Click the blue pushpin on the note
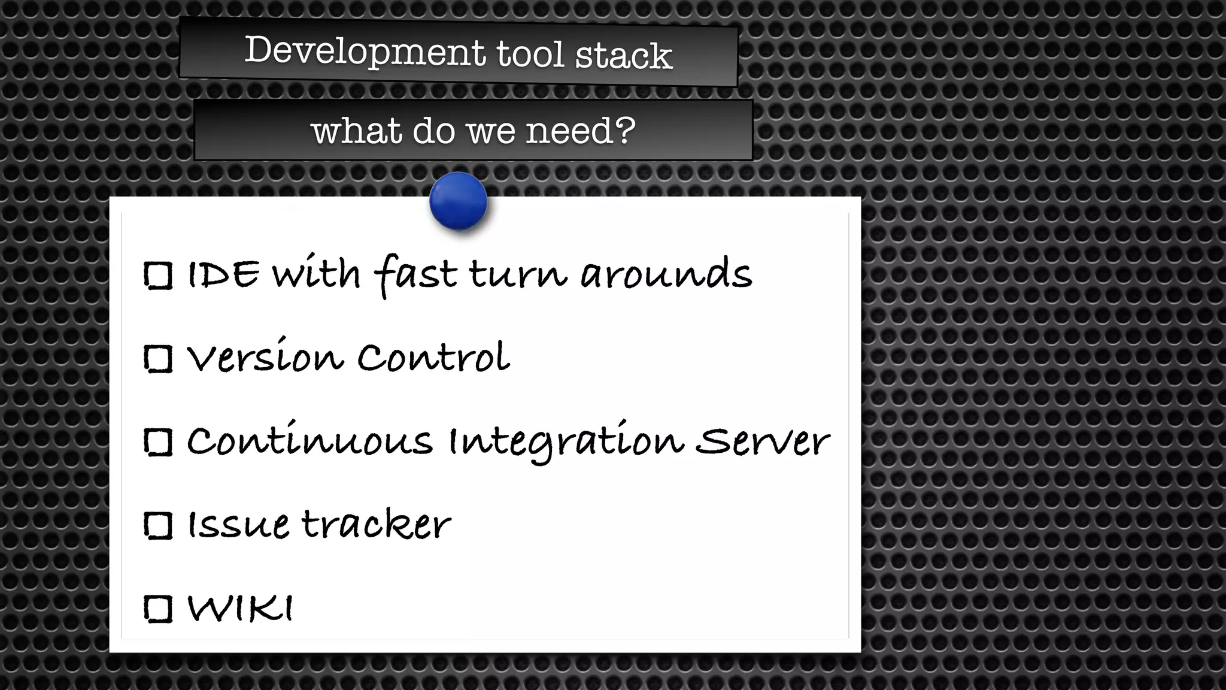[458, 201]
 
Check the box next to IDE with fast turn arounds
[159, 276]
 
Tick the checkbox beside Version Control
[159, 359]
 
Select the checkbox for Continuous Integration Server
[159, 443]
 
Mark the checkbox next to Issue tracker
[159, 526]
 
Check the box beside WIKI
[159, 609]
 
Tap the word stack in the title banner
[623, 56]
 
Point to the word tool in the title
[530, 53]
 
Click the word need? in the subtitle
[580, 131]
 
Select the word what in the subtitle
[356, 131]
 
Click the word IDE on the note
[224, 275]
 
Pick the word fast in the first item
[415, 275]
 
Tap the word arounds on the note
[666, 275]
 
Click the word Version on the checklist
[265, 358]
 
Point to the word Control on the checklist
[433, 358]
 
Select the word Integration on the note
[566, 442]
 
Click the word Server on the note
[762, 442]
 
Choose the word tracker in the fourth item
[376, 525]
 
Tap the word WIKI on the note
[240, 608]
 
